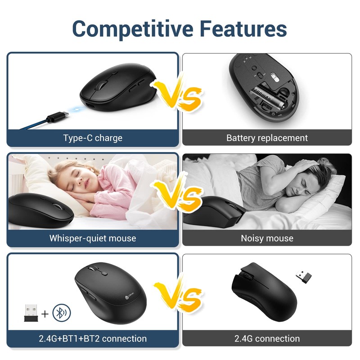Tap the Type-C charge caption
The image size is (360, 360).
click(93, 138)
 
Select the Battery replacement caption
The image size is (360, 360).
click(267, 138)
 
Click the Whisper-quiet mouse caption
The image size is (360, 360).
click(93, 238)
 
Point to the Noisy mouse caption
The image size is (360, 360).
click(267, 238)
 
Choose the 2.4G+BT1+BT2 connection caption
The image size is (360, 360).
click(93, 338)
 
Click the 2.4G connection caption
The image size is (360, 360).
click(267, 338)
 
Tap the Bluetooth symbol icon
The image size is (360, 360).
click(61, 313)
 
